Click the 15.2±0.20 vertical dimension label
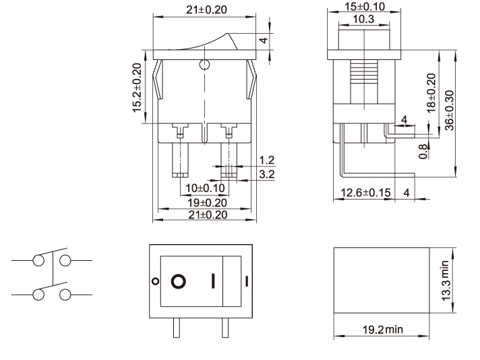point(137,88)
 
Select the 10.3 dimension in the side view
point(363,19)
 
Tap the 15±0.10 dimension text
point(365,7)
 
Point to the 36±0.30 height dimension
point(450,111)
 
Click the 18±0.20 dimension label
point(431,93)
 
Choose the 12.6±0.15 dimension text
point(365,193)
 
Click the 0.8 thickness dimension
point(423,152)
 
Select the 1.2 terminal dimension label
point(267,160)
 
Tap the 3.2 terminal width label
point(267,174)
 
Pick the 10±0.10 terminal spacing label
point(205,188)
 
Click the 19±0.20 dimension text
point(207,203)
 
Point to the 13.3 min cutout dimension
point(446,280)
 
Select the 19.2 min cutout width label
point(383,330)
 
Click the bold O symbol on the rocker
point(179,281)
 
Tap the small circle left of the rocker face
point(156,281)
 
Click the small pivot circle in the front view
point(204,65)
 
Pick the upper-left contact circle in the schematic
point(38,260)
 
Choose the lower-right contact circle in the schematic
point(65,295)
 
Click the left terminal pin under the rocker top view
point(177,328)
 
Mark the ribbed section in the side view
point(364,71)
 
